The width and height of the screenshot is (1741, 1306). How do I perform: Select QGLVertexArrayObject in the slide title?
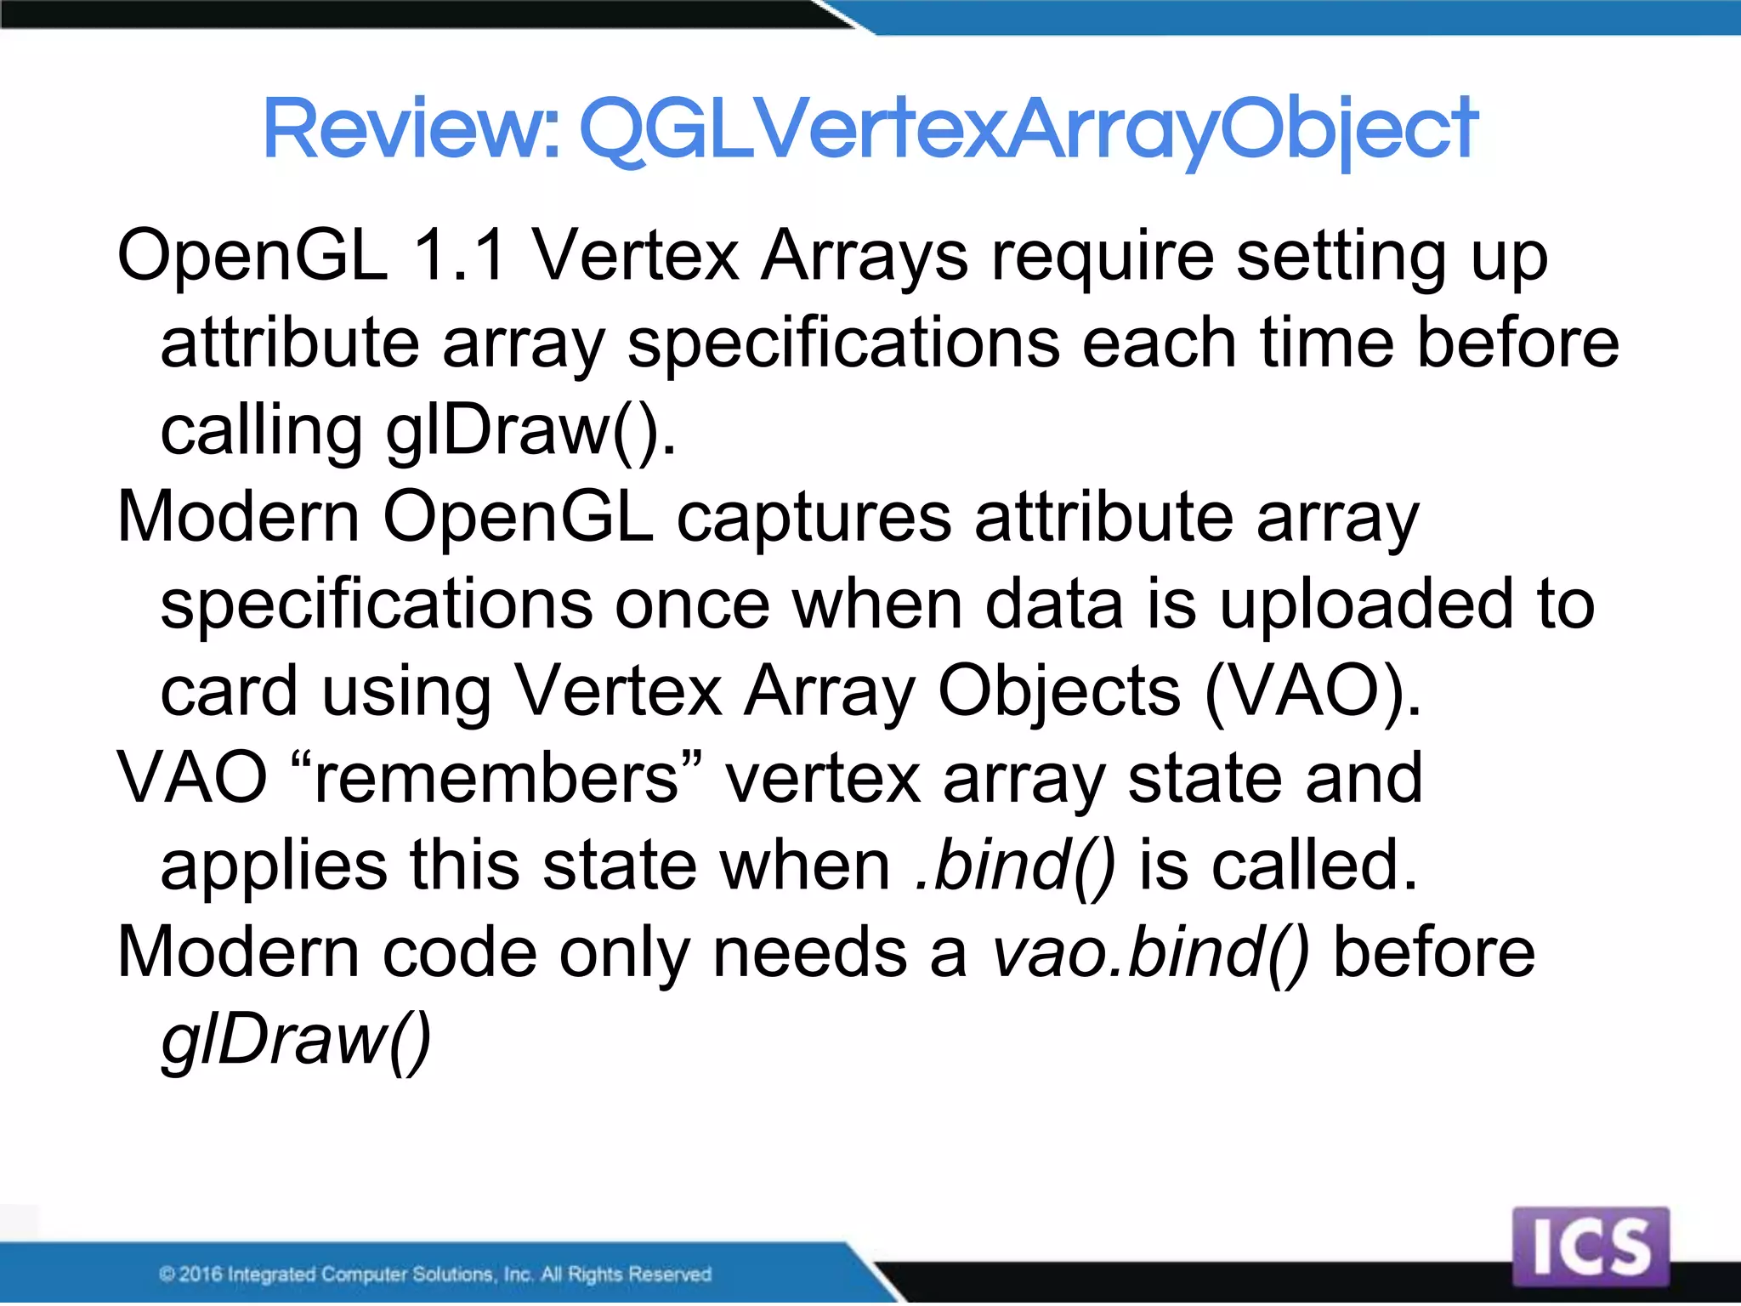[x=1029, y=129]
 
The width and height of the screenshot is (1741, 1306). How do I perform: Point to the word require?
[x=1103, y=257]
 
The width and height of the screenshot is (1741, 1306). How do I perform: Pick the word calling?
[x=261, y=432]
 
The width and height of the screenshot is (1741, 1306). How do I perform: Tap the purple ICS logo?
[x=1591, y=1246]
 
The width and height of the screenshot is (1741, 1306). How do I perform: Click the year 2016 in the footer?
[x=201, y=1274]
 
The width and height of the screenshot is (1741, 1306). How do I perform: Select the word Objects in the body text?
[x=1058, y=692]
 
